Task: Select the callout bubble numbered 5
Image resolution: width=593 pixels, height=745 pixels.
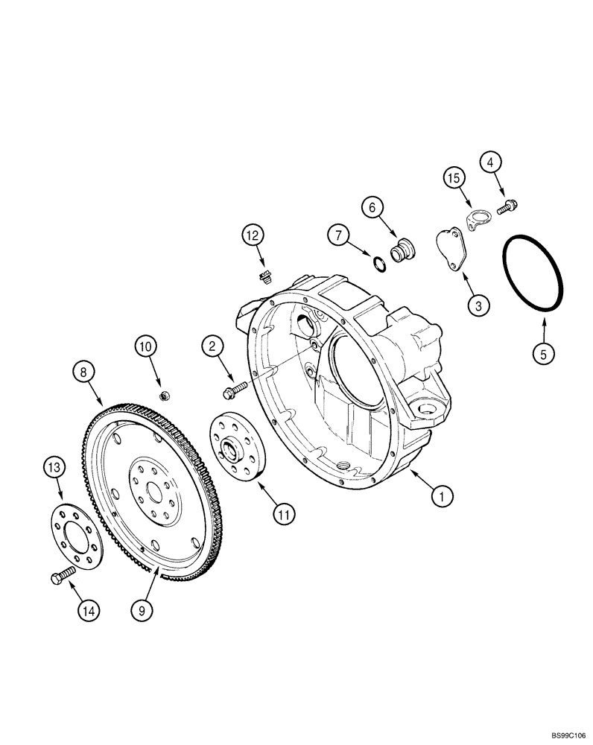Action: [543, 354]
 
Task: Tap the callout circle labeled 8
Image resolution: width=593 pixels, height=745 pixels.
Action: [84, 371]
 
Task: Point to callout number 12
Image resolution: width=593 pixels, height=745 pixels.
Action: [253, 236]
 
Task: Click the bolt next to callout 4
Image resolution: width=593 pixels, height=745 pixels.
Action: [510, 205]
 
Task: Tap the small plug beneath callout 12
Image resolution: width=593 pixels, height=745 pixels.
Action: [262, 279]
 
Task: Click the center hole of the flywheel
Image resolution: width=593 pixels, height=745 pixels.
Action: [155, 491]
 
